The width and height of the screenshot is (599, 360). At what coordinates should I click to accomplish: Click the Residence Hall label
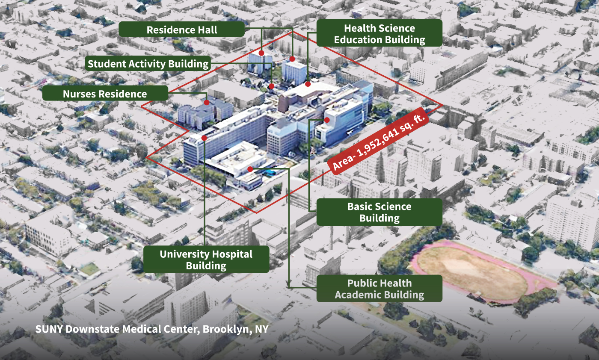click(x=182, y=30)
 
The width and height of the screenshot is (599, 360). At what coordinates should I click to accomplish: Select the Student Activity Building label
click(x=148, y=64)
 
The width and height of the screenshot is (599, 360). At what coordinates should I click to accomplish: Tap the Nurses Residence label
click(x=105, y=94)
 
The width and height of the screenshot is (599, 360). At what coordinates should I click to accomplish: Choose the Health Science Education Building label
click(x=379, y=34)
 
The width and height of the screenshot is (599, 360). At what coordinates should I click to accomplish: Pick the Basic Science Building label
click(x=379, y=212)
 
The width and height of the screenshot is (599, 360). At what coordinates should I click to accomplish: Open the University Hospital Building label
click(x=206, y=260)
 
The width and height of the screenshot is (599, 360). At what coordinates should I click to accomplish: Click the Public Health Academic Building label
click(x=379, y=289)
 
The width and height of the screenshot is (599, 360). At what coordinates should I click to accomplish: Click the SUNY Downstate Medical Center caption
click(x=152, y=329)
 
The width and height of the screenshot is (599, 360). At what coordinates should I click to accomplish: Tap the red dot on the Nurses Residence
click(x=207, y=103)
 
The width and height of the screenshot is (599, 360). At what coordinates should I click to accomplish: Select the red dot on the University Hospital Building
click(x=205, y=138)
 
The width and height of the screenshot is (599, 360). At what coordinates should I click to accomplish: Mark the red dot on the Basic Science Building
click(x=327, y=120)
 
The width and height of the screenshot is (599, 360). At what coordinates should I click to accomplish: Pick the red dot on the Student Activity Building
click(x=271, y=86)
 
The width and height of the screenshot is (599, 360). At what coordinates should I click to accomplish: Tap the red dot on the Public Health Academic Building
click(x=250, y=169)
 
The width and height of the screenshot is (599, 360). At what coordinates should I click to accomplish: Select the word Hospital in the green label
click(x=231, y=254)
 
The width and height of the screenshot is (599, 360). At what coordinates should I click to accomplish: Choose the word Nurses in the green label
click(x=78, y=94)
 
